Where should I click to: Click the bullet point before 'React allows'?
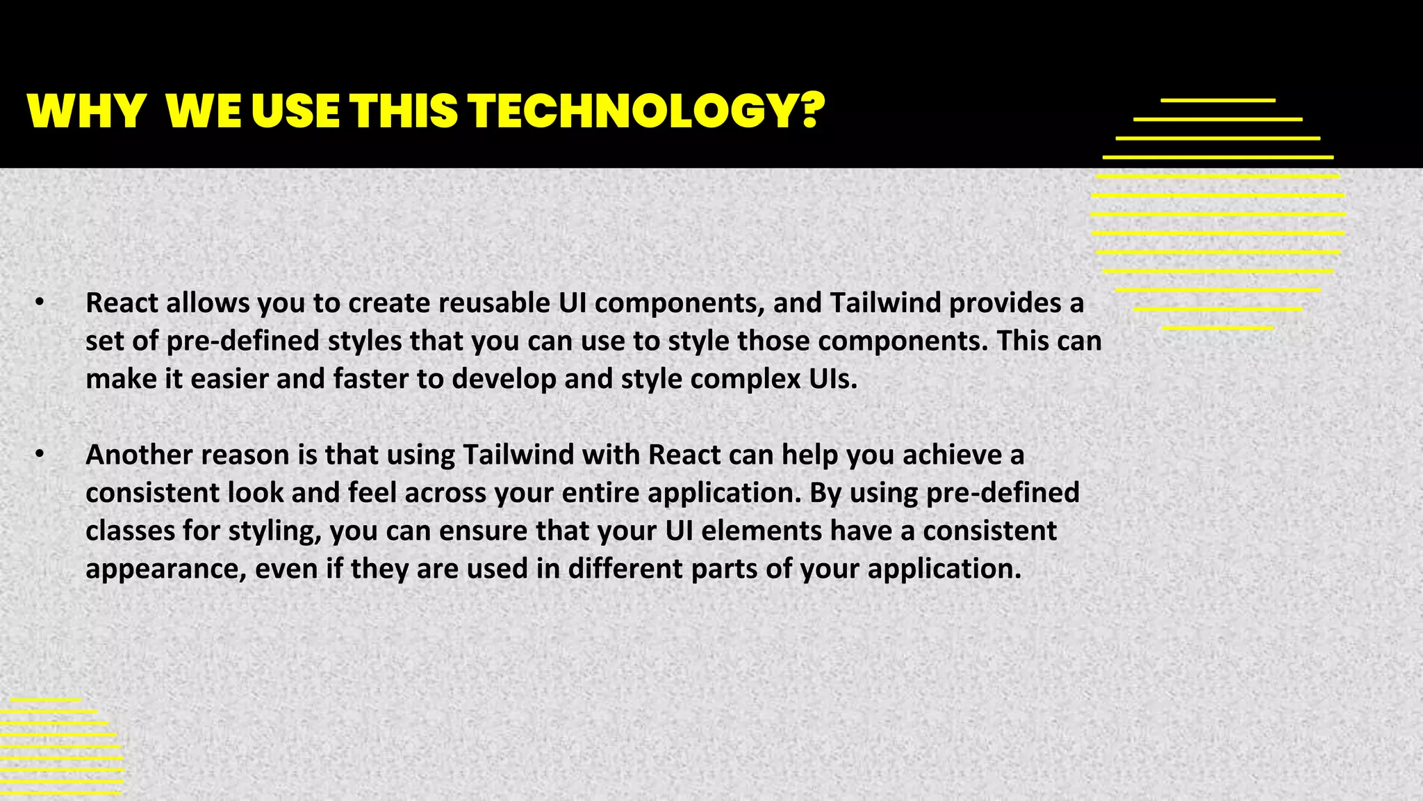coord(40,302)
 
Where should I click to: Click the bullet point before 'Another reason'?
coord(40,454)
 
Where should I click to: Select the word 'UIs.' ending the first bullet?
coord(833,378)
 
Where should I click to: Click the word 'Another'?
coord(139,454)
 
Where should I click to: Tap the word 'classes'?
coord(130,531)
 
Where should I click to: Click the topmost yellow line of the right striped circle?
coord(1217,101)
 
